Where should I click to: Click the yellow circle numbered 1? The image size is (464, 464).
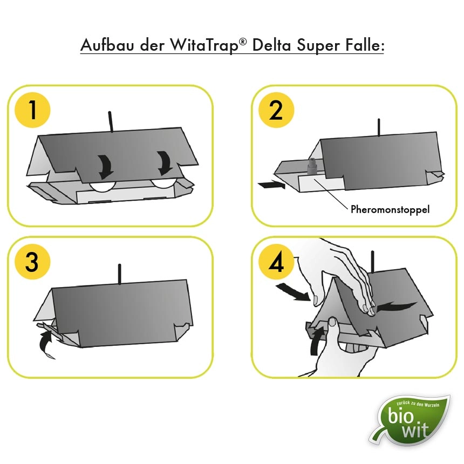point(32,110)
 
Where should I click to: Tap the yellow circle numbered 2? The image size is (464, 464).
point(276,110)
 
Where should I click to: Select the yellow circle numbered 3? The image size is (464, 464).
point(32,262)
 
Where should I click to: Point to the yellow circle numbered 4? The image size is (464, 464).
point(276,262)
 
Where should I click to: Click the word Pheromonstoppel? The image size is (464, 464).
point(390,209)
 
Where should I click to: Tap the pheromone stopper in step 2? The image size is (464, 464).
point(312,167)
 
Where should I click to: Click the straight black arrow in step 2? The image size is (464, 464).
point(271,185)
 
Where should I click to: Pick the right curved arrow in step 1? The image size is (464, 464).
point(165,163)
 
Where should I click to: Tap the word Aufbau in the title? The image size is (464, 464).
point(107,45)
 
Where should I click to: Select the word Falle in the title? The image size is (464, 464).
point(364,45)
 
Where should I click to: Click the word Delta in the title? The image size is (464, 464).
point(271,45)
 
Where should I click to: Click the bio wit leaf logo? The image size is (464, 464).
point(411,420)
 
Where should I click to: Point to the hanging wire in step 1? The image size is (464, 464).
point(111,121)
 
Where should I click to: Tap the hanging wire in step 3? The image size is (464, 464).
point(120,274)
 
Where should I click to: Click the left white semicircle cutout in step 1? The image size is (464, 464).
point(103,187)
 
